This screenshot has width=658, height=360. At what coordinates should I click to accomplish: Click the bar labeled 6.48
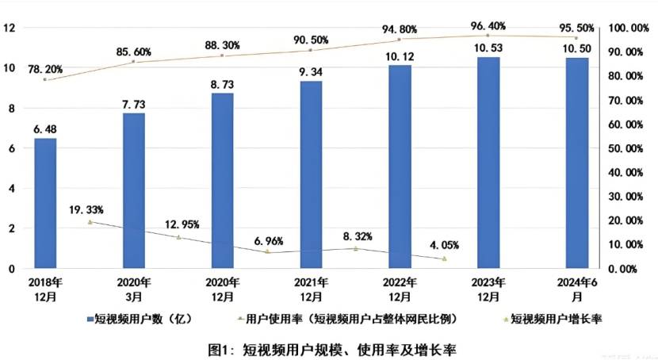(x=45, y=204)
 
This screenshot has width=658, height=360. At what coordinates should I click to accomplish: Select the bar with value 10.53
(x=488, y=163)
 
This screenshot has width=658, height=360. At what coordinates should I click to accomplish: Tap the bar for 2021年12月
(x=312, y=175)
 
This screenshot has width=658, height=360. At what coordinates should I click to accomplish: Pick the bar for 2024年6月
(x=577, y=163)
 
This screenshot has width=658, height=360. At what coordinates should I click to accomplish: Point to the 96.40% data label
(x=488, y=25)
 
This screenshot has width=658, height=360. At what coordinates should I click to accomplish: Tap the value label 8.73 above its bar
(x=222, y=82)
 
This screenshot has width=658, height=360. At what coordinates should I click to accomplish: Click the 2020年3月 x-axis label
(x=134, y=289)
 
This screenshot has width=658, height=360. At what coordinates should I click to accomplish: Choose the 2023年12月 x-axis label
(x=488, y=289)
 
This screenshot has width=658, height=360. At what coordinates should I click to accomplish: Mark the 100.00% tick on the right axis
(x=626, y=29)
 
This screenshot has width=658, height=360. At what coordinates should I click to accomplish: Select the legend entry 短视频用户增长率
(x=557, y=320)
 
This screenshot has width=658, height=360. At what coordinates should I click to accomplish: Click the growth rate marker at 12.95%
(x=178, y=237)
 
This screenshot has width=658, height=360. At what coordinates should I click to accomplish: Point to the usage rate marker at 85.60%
(x=134, y=62)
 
